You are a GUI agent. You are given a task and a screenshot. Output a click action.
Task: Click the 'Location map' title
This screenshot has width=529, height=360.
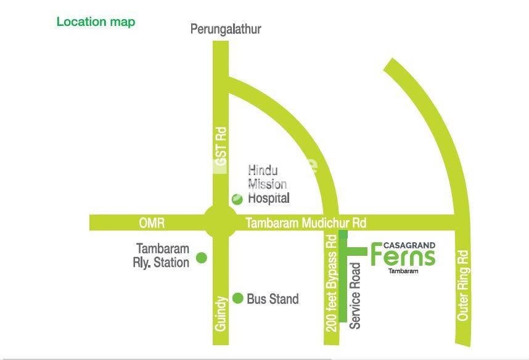tap(96, 22)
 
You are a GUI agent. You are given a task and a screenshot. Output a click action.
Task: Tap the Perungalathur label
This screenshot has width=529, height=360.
tap(226, 29)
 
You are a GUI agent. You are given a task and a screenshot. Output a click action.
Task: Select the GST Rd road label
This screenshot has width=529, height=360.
tap(221, 144)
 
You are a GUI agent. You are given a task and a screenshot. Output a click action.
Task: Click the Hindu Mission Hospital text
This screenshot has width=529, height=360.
tap(268, 184)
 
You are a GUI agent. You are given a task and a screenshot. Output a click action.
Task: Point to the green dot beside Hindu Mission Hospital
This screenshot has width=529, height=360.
tap(237, 198)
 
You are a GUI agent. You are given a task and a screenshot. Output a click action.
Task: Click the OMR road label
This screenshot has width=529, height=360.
tap(152, 223)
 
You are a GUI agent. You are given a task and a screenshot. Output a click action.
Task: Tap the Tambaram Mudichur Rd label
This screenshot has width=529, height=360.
tap(306, 223)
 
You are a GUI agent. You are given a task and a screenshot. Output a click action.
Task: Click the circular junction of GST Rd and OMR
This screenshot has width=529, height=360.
tap(220, 223)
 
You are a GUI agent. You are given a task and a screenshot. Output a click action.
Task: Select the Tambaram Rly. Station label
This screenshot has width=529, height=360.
tap(162, 256)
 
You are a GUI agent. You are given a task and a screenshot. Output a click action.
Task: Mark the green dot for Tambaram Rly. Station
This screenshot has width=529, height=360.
tap(201, 258)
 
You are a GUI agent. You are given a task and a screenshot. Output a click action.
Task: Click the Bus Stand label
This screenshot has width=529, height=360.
tap(273, 299)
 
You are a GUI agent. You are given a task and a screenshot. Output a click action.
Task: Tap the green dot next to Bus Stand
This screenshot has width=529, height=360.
tap(238, 298)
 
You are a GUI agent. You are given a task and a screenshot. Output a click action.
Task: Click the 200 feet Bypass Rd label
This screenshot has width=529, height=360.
tap(332, 283)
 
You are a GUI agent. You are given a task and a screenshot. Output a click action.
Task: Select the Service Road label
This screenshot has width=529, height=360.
tap(355, 296)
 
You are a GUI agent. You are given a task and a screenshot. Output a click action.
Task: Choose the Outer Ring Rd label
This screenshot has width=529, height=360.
tap(463, 284)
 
